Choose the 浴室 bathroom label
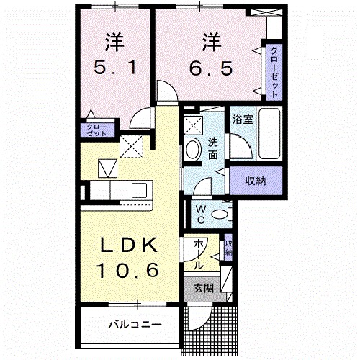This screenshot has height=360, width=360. pos(242,120)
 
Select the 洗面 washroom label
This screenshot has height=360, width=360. pos(213,148)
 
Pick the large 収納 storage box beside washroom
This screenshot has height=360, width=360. pos(254,181)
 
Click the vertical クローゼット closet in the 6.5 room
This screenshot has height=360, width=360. pos(274,71)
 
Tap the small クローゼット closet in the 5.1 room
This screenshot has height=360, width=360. pos(96,130)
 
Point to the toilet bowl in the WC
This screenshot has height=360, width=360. pos(224,212)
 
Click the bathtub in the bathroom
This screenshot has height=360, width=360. pos(271,135)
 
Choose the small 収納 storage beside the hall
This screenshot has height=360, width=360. pos(228,248)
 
